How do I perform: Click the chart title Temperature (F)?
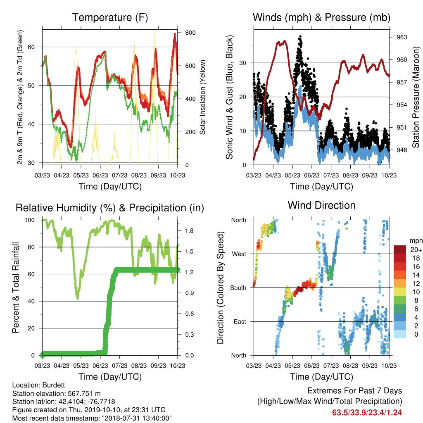110,17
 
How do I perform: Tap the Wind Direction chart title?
321,205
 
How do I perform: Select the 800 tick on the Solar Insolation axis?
190,33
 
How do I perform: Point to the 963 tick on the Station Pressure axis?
402,37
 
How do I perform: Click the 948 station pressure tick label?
402,150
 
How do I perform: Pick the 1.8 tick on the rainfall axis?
189,231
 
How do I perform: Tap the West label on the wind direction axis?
239,254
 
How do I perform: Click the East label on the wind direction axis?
240,321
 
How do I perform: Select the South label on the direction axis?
238,288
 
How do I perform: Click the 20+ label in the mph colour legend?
416,250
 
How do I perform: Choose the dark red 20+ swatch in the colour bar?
400,250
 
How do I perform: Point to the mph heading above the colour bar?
416,241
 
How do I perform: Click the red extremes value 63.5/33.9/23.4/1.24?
367,413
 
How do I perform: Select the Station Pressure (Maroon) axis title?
416,97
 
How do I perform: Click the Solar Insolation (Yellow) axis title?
202,97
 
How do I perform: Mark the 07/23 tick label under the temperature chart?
119,175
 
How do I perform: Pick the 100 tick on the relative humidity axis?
30,220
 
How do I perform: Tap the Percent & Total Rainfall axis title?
16,288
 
